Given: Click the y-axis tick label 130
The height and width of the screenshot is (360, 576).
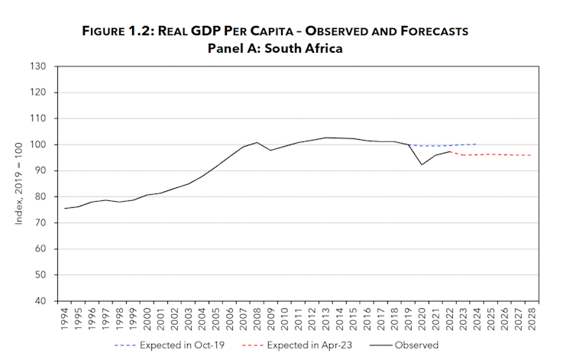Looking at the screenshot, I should tap(40, 66).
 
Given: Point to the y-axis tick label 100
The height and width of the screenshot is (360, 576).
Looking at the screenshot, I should tap(40, 144).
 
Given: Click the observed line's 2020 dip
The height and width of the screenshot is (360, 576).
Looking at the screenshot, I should tap(422, 164).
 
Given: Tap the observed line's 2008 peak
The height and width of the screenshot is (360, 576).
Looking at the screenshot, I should tap(257, 142).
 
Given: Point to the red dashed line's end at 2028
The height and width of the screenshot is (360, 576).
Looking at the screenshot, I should tap(532, 155).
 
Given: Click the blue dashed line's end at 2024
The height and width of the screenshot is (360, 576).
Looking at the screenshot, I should tap(477, 144).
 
